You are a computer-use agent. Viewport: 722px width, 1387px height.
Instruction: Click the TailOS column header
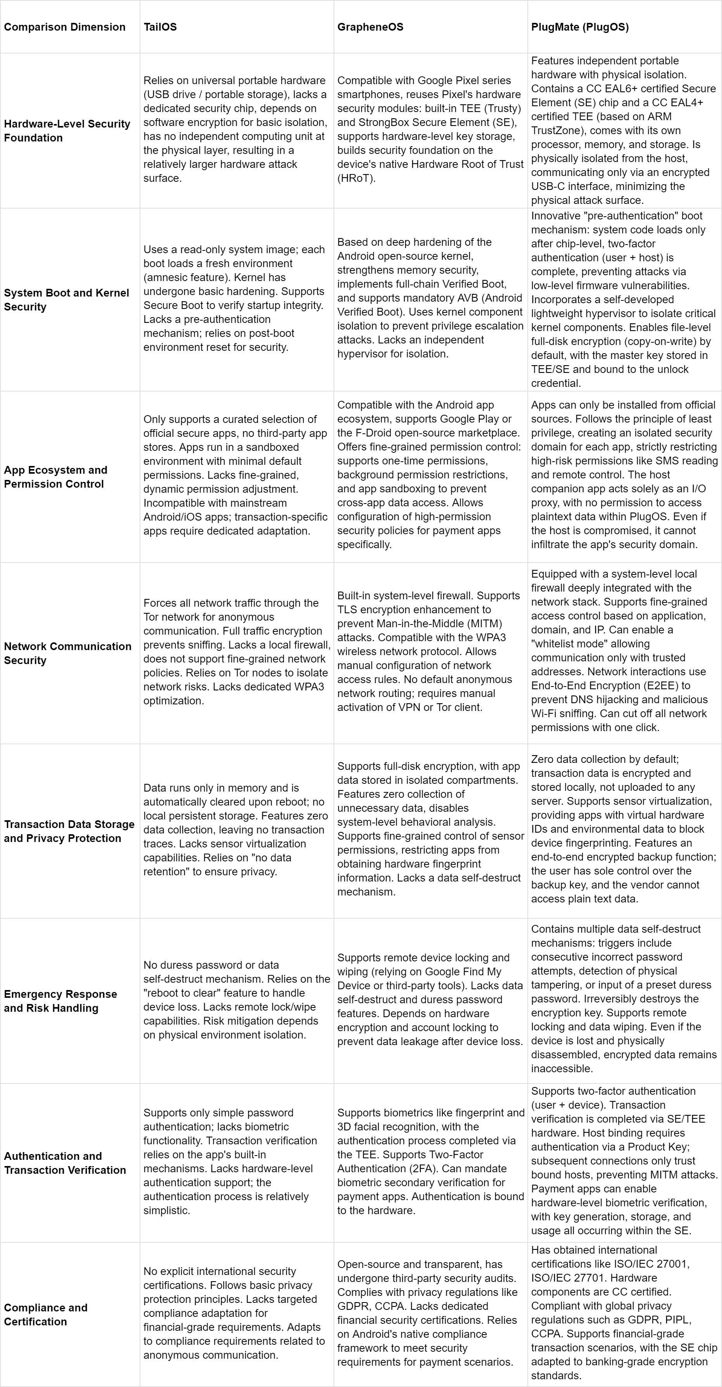160,27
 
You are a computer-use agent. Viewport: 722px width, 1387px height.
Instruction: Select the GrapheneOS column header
370,27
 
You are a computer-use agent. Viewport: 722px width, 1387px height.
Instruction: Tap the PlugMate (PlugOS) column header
579,27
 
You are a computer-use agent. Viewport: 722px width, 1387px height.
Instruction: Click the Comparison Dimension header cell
65,27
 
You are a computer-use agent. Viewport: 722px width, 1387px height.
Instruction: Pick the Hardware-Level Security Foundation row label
67,130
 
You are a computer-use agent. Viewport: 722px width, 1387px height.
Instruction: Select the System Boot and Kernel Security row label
66,299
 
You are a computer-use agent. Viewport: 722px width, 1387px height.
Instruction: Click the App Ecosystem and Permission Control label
55,476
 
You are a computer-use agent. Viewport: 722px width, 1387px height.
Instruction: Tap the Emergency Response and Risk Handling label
60,1001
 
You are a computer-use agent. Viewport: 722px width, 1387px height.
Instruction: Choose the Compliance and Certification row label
45,1314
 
